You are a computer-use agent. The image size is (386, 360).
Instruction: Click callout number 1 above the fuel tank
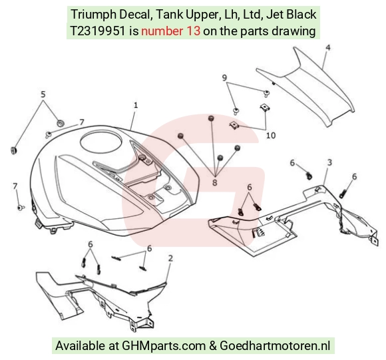click(136, 105)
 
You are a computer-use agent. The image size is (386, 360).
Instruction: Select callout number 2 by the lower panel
click(170, 258)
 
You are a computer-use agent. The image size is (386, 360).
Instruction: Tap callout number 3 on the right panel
click(329, 162)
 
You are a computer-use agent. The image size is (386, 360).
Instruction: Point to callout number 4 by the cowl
click(327, 48)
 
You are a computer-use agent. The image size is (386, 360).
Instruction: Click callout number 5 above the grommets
click(43, 94)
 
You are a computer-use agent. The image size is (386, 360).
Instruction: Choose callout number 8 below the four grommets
click(215, 182)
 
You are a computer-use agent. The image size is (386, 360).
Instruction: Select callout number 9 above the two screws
click(224, 78)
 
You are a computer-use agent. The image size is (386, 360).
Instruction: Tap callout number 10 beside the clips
click(271, 135)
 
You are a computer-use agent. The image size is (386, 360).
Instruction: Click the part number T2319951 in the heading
click(98, 31)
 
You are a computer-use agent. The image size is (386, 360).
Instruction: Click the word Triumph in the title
click(94, 15)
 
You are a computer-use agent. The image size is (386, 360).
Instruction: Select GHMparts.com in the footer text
click(164, 346)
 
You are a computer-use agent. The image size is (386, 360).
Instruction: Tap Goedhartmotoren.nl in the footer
click(275, 345)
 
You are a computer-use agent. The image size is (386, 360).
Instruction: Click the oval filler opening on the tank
click(101, 142)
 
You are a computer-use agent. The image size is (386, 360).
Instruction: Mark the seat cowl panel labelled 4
click(305, 87)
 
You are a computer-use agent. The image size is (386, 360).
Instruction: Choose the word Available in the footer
click(80, 345)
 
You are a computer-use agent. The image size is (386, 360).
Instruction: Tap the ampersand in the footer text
click(213, 346)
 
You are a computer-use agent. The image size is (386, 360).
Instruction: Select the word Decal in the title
click(134, 15)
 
